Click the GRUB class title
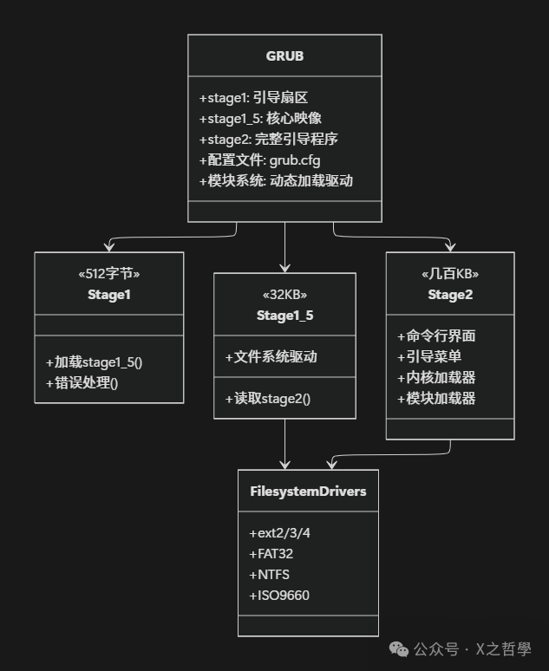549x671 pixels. click(x=284, y=56)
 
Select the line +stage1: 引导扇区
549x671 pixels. click(x=253, y=98)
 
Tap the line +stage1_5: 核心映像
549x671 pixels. click(x=260, y=119)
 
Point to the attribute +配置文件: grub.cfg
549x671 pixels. click(x=260, y=160)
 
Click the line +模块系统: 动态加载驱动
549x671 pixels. click(x=276, y=180)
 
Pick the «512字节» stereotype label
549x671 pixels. click(x=108, y=274)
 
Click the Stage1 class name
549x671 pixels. click(x=108, y=295)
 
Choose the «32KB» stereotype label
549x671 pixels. click(x=284, y=295)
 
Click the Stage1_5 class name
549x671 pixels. click(x=284, y=316)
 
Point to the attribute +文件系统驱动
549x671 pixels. click(x=271, y=356)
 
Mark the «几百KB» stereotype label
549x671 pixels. click(x=450, y=274)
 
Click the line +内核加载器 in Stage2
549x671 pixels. click(x=436, y=377)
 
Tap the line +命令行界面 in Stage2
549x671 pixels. click(x=436, y=335)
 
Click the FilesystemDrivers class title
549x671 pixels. click(x=308, y=492)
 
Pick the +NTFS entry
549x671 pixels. click(x=269, y=574)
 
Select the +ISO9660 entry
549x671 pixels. click(x=278, y=595)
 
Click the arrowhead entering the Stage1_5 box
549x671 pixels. click(x=284, y=268)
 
